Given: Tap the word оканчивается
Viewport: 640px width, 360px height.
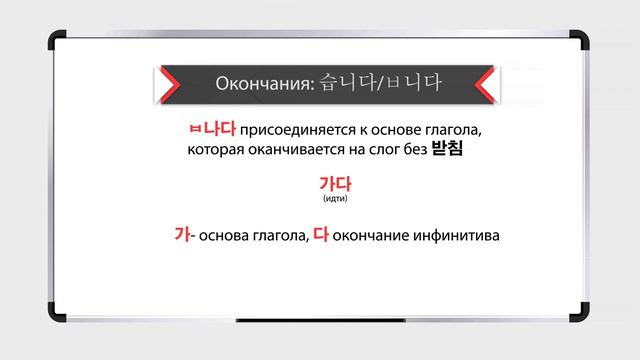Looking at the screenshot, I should [298, 152].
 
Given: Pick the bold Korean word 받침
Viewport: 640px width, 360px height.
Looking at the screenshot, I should [450, 151].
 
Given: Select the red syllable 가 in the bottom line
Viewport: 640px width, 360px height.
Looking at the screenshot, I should [182, 236].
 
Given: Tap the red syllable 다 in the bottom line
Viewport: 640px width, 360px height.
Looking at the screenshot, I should [320, 236].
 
